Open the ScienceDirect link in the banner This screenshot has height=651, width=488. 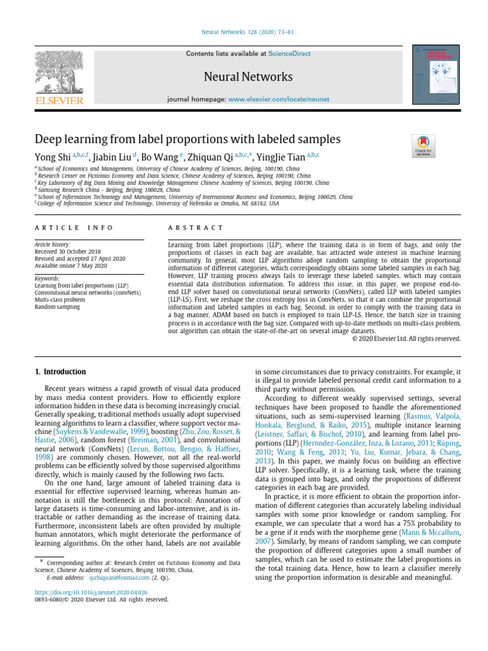pyautogui.click(x=289, y=53)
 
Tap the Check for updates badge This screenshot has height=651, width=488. pyautogui.click(x=422, y=146)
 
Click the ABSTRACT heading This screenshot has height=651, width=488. pyautogui.click(x=194, y=228)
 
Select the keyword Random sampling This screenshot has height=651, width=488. pyautogui.click(x=57, y=306)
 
